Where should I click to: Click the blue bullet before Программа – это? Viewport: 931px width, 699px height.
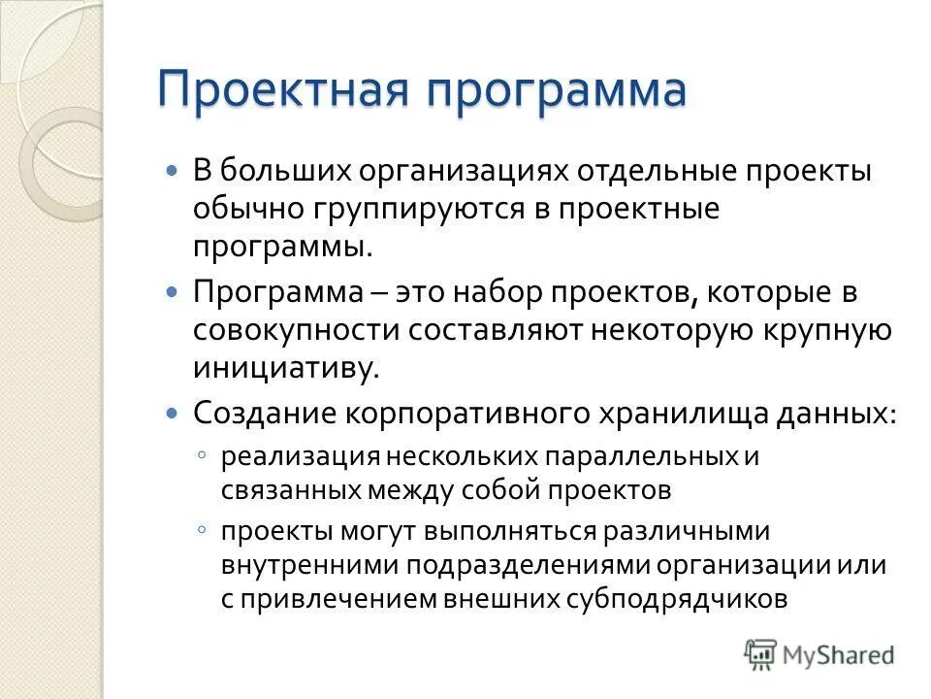click(x=173, y=292)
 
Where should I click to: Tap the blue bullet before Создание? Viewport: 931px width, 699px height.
click(x=173, y=412)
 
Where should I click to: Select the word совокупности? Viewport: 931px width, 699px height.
click(x=295, y=329)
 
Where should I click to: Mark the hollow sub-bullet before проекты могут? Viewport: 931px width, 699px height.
click(x=200, y=530)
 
